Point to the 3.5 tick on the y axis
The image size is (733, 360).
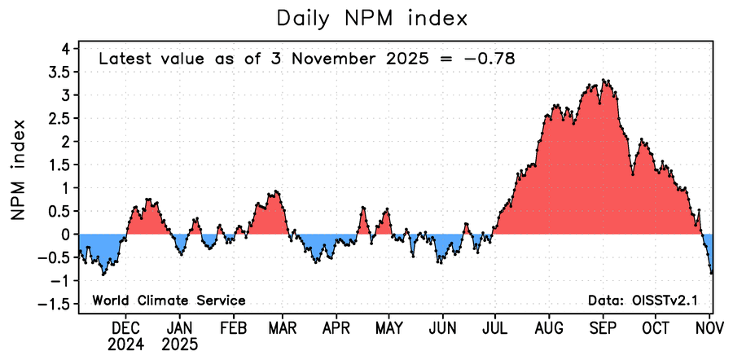click(x=59, y=72)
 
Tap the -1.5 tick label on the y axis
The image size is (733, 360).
click(x=55, y=304)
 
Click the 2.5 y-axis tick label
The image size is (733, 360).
click(x=59, y=118)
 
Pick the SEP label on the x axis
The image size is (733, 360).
click(x=603, y=327)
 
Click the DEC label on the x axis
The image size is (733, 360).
click(x=125, y=327)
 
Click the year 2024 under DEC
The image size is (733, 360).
click(x=125, y=344)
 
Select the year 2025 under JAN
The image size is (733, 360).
click(x=180, y=344)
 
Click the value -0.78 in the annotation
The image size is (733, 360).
click(x=491, y=59)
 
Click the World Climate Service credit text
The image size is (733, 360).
click(x=169, y=301)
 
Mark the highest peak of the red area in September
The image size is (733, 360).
click(x=604, y=80)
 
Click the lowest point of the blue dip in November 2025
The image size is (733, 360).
click(x=711, y=273)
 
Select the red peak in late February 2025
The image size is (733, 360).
click(x=276, y=191)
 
